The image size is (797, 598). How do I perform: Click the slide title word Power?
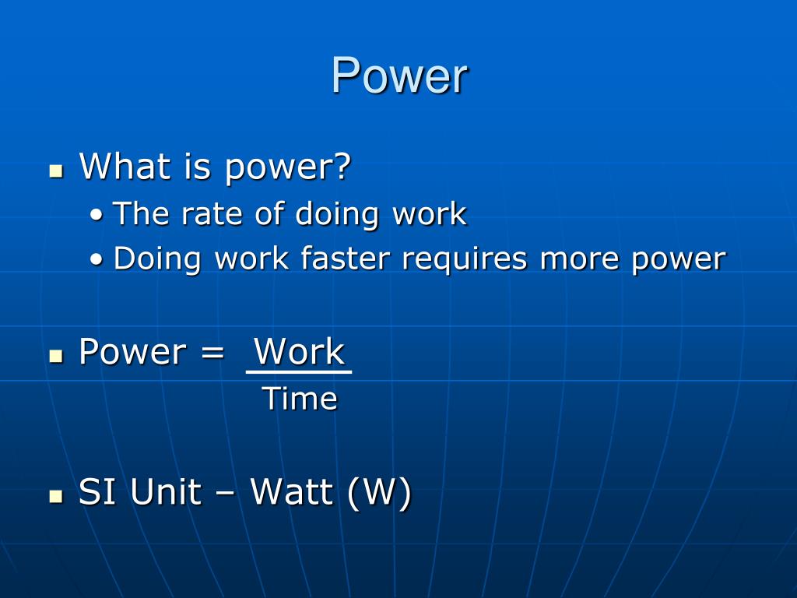click(399, 76)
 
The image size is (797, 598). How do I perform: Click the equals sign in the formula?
click(212, 352)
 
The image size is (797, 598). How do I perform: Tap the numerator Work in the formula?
click(299, 351)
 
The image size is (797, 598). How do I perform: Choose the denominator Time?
click(300, 399)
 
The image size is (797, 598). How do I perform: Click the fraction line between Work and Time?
click(299, 373)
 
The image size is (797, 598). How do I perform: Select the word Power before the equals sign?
click(132, 352)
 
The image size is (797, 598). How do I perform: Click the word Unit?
click(166, 492)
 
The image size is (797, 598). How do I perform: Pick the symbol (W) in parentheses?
click(380, 493)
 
